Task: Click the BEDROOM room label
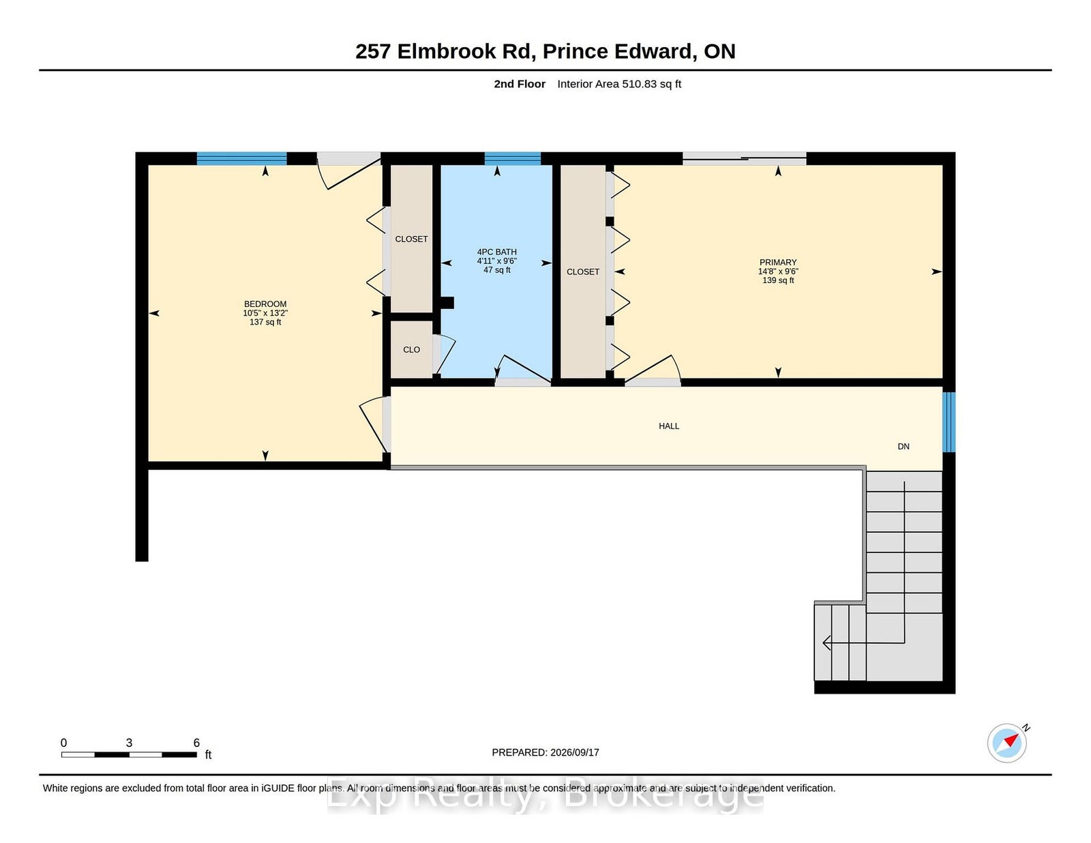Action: coord(265,304)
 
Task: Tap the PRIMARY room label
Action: coord(778,262)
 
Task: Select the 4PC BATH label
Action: coord(496,252)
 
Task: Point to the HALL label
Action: coord(669,426)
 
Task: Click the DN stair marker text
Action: coord(903,446)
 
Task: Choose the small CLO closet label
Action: coord(411,349)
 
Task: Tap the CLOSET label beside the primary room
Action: coord(583,271)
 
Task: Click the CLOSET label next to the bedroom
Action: coord(411,239)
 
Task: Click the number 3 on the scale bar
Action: coord(129,743)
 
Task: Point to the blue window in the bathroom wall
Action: coord(512,159)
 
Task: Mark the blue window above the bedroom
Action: coord(241,159)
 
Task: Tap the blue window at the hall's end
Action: coord(948,422)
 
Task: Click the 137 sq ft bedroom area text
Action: coord(265,322)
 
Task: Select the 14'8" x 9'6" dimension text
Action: coord(778,271)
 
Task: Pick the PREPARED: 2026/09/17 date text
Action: coord(545,752)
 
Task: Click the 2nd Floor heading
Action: coord(519,84)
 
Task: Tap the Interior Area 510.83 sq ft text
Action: coord(619,84)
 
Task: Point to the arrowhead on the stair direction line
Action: coord(826,642)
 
